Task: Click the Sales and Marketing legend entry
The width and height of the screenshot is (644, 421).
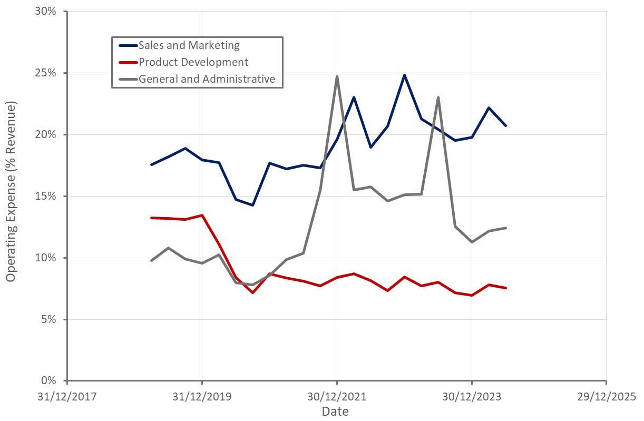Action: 188,45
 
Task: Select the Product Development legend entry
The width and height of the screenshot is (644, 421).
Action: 193,62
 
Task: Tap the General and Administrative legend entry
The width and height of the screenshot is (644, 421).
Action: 206,79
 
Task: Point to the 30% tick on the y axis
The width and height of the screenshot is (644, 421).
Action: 45,11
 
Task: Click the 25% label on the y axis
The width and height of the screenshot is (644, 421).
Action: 45,73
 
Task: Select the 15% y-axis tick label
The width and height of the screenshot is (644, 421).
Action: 45,196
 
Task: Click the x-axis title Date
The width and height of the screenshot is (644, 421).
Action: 335,411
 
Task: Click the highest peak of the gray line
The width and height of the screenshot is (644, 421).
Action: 337,76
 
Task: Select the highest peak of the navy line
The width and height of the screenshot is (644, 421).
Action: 404,75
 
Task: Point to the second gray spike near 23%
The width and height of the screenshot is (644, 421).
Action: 438,97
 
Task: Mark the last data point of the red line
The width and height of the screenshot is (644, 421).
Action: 505,288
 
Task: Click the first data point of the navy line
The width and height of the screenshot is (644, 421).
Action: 152,164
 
